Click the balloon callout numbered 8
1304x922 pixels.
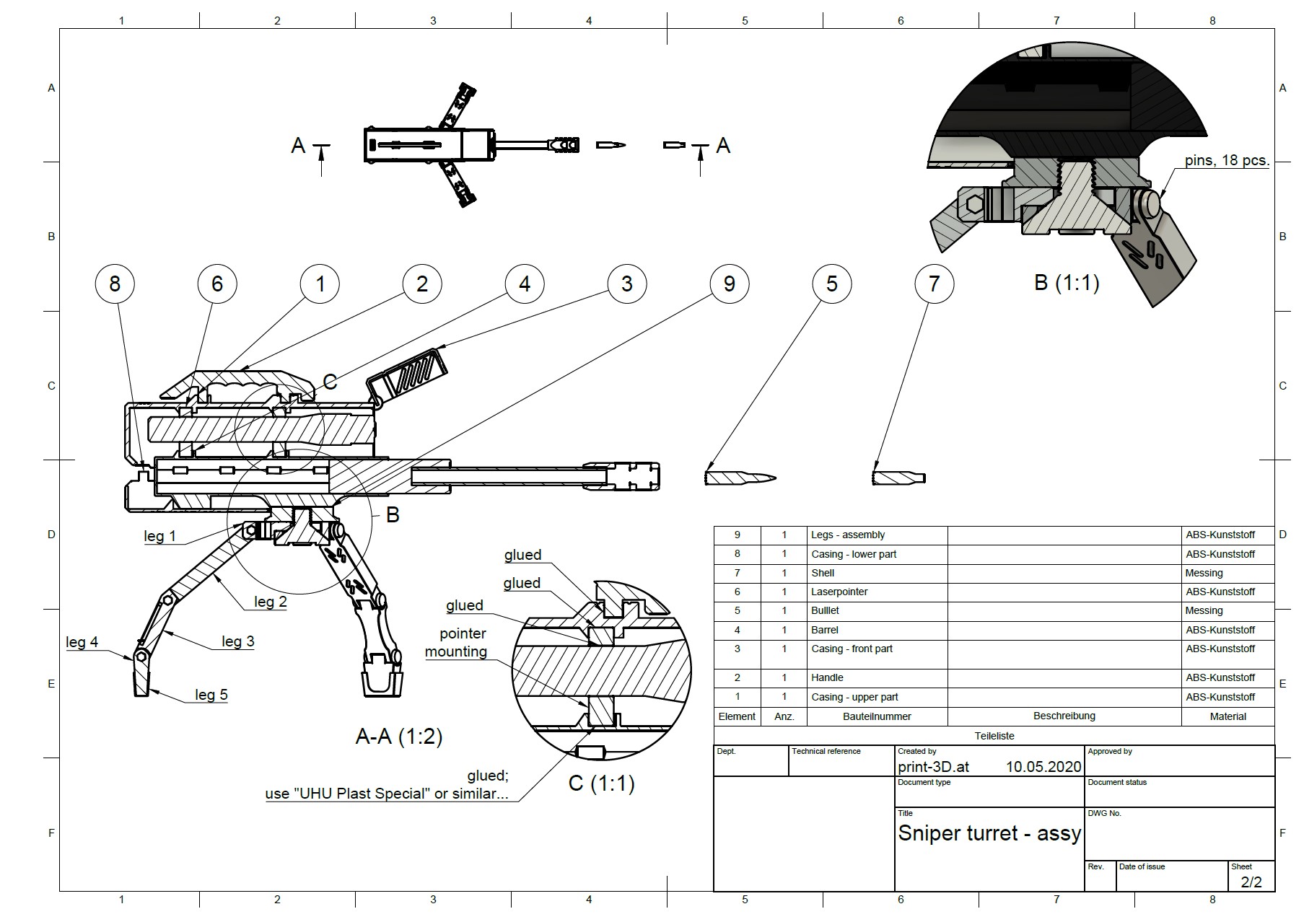click(x=115, y=284)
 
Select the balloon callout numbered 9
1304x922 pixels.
click(x=729, y=284)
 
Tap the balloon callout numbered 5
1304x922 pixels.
click(x=831, y=284)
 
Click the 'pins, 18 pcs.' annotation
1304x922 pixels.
click(x=1226, y=160)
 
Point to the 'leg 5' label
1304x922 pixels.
click(x=211, y=695)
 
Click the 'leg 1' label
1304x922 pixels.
click(x=159, y=536)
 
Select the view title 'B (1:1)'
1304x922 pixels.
click(x=1066, y=282)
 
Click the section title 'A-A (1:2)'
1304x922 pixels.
click(x=399, y=736)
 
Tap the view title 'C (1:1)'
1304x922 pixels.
click(x=601, y=783)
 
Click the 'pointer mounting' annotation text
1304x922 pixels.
click(x=456, y=643)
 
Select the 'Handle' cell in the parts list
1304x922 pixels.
click(x=827, y=677)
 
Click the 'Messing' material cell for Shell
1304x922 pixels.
click(x=1204, y=573)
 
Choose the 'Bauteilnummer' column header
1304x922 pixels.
click(x=877, y=716)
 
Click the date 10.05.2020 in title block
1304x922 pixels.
click(x=1043, y=767)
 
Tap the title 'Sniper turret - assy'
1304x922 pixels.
click(x=989, y=834)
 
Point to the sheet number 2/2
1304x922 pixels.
click(x=1251, y=882)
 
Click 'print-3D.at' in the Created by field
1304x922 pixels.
click(x=933, y=767)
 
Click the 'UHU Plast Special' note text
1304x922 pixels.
click(x=386, y=794)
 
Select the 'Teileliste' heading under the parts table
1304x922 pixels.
click(x=994, y=736)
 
